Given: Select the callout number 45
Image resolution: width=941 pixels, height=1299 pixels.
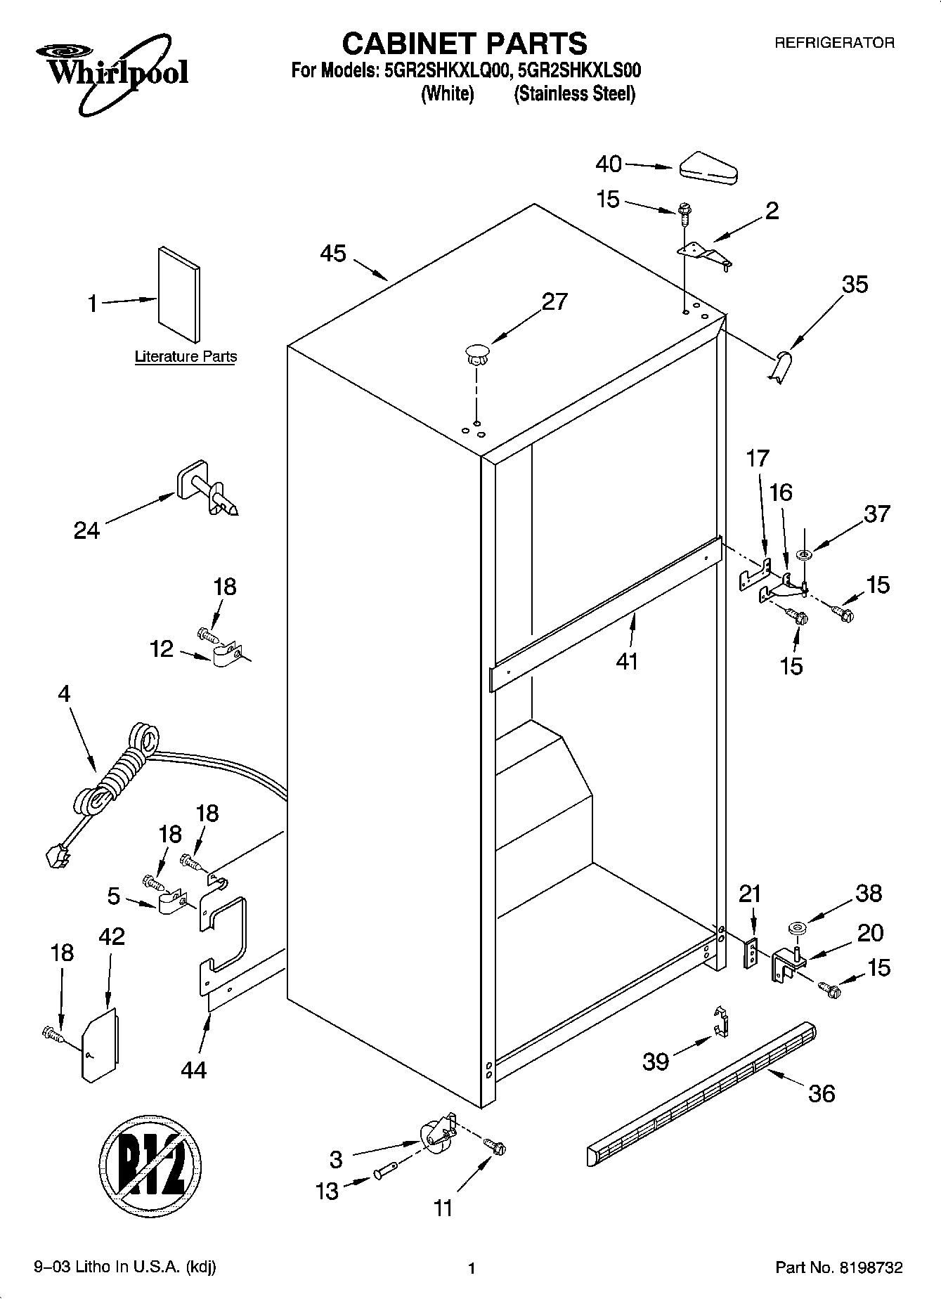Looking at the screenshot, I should (x=333, y=254).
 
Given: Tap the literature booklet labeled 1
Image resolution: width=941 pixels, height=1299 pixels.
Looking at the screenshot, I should (x=179, y=288).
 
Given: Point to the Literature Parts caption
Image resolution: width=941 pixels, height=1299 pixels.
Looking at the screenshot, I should (x=186, y=357).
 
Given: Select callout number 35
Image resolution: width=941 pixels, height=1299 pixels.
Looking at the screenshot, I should (x=855, y=285).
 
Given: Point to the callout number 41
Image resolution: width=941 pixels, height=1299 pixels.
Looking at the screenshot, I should (x=626, y=661).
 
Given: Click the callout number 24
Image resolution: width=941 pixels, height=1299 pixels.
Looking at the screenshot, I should (x=86, y=530).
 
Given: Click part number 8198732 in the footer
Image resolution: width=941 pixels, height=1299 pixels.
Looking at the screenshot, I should (x=870, y=1268).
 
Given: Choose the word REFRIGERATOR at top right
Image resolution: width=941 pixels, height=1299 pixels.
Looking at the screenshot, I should (x=834, y=43).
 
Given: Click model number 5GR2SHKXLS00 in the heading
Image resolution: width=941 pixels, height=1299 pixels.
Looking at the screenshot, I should (x=578, y=71).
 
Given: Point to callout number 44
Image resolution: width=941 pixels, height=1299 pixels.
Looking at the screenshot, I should (x=193, y=1069).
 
